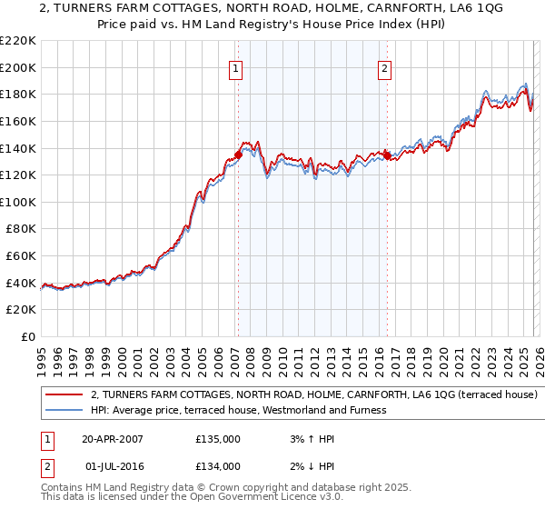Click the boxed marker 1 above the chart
click(x=236, y=67)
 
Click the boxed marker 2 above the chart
click(x=385, y=67)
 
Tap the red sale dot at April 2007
click(x=238, y=155)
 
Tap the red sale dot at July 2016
click(x=387, y=155)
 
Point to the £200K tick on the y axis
click(x=18, y=67)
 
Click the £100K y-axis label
click(x=18, y=202)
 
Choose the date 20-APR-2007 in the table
click(x=113, y=439)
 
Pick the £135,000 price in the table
click(x=218, y=439)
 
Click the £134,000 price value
click(x=218, y=466)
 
